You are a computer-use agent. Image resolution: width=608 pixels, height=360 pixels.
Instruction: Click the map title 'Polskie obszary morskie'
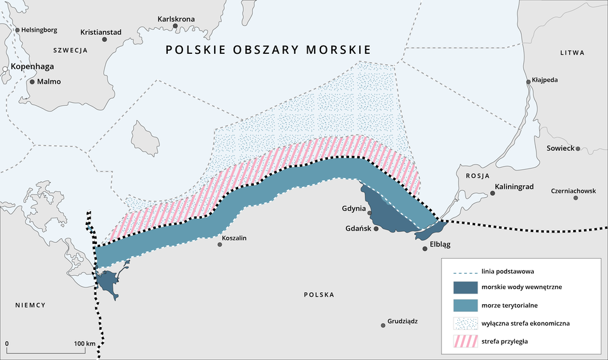[268, 50]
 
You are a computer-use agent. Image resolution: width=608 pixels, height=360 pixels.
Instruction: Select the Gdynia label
[353, 208]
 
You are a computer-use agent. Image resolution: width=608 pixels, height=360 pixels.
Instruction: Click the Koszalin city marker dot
[220, 244]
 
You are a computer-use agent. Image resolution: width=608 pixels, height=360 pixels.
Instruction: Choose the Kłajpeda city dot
[529, 82]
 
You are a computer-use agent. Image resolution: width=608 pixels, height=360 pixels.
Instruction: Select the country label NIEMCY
[30, 305]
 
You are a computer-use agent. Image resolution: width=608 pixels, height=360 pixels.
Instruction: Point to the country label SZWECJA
[70, 49]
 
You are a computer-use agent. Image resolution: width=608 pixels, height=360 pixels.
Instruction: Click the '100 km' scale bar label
[84, 344]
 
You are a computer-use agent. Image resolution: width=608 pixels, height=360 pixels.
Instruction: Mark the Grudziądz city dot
[383, 325]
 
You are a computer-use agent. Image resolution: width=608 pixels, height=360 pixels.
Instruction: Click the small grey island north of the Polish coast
[146, 138]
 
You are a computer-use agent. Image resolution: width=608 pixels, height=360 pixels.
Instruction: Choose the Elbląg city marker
[425, 248]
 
